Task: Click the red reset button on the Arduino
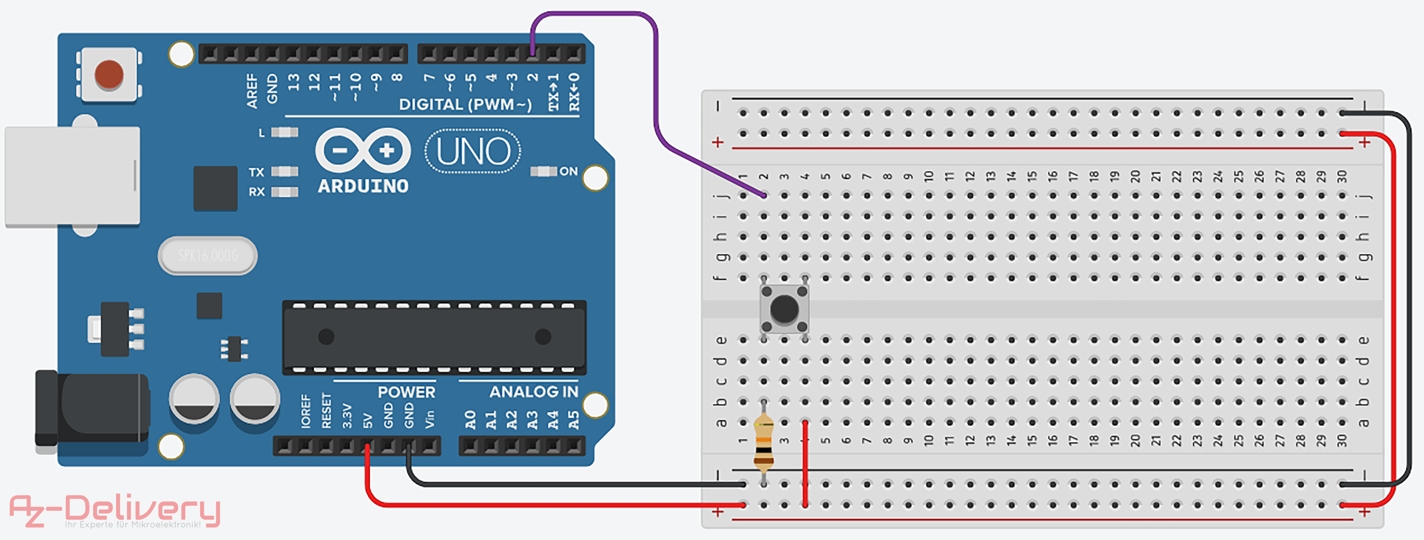coord(109,74)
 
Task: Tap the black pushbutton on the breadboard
coord(784,309)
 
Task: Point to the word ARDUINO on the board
coord(363,186)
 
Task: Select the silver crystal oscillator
coord(208,255)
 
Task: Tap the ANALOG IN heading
coord(533,392)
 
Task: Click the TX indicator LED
coord(285,172)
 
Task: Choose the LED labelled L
coord(285,133)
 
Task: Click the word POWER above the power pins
coord(406,392)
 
